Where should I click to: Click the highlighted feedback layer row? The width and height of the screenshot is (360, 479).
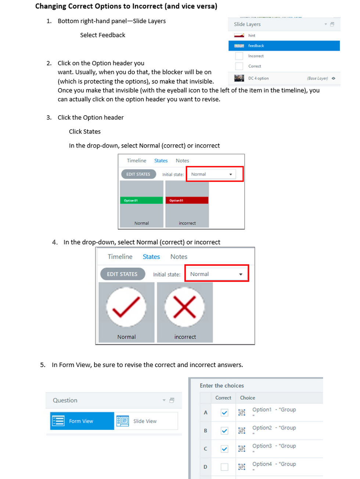click(284, 46)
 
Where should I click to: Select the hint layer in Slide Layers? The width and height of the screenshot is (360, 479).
click(252, 36)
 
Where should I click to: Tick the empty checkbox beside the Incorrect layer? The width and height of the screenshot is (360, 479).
click(239, 56)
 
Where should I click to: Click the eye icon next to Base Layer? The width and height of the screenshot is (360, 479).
click(334, 78)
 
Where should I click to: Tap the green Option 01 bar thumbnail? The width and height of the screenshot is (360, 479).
click(141, 200)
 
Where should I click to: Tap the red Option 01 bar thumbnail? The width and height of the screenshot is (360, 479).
click(187, 200)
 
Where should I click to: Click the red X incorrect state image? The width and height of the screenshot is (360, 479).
click(184, 307)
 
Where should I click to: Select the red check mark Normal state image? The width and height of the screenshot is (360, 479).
click(126, 307)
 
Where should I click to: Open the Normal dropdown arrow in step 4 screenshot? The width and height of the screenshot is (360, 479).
click(241, 274)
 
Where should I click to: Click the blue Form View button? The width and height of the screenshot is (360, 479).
click(82, 421)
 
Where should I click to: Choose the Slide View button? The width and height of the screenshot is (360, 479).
click(145, 421)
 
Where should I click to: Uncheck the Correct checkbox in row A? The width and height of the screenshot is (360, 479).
click(224, 413)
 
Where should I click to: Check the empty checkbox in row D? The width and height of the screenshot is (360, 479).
click(224, 467)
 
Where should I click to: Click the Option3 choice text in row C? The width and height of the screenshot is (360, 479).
click(262, 446)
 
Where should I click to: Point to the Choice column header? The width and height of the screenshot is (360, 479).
click(247, 398)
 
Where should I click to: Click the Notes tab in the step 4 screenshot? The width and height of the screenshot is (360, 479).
click(179, 257)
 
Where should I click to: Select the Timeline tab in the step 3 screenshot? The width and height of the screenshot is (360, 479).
click(136, 161)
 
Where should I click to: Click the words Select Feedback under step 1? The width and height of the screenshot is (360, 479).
click(102, 35)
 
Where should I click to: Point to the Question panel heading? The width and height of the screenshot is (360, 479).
click(65, 400)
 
